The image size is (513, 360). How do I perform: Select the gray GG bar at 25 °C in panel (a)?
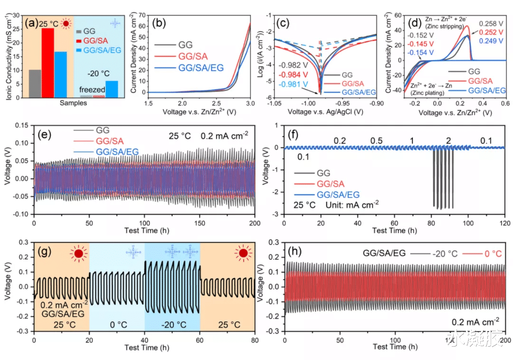coord(35,84)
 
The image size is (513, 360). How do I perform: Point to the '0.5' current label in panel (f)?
coord(377,141)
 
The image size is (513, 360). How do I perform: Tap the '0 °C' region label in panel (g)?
coord(117,326)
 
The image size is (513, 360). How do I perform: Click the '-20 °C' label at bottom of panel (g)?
coord(171,326)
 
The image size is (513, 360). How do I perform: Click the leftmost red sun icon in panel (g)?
coord(78,254)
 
